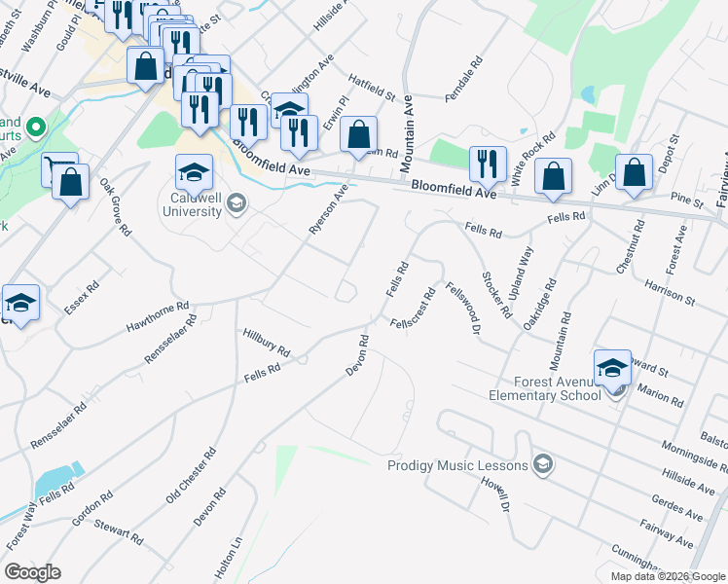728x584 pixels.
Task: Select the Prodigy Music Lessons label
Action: click(457, 465)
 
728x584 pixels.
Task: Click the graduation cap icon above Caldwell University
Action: click(195, 172)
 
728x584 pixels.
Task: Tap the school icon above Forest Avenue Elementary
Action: click(612, 368)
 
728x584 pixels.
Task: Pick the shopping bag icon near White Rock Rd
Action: click(553, 177)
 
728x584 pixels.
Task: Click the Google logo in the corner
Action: click(32, 572)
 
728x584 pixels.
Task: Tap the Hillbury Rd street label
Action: click(267, 342)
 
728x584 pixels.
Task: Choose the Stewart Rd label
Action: click(119, 531)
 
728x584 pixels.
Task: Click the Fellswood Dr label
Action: click(463, 310)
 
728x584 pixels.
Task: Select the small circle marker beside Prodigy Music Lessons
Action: click(542, 464)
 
